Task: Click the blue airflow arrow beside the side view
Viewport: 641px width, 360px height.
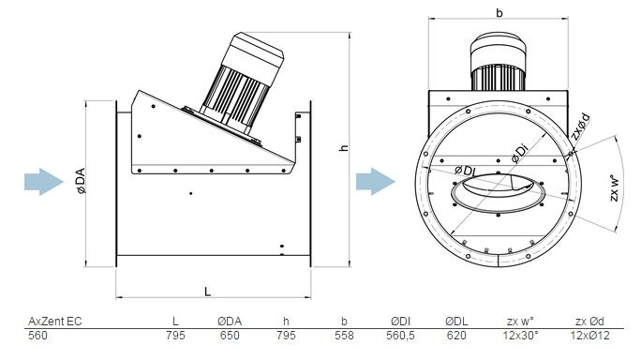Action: click(x=44, y=182)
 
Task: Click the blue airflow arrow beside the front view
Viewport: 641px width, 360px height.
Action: click(x=376, y=181)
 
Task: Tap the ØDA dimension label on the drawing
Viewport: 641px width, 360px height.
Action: click(x=81, y=180)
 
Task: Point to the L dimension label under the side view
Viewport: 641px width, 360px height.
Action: click(x=208, y=292)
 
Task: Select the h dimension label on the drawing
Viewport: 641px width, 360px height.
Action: click(x=344, y=147)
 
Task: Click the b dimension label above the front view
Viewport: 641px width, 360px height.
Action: click(x=499, y=13)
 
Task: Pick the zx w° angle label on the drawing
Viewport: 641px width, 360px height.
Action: click(x=615, y=188)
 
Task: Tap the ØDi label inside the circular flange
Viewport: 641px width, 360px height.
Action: click(x=520, y=154)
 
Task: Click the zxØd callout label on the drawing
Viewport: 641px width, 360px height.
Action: click(x=580, y=127)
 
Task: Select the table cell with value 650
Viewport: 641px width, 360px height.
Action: click(x=230, y=336)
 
